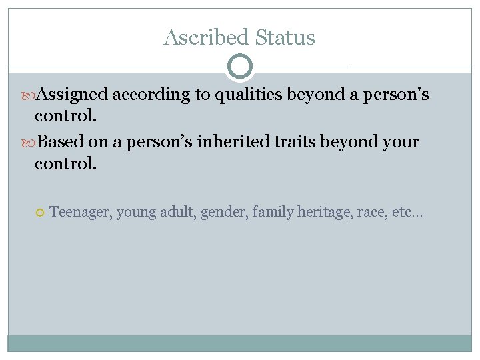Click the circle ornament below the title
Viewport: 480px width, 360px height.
tap(240, 67)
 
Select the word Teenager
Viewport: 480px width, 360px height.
tap(80, 213)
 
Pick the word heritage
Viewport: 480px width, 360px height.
tap(325, 213)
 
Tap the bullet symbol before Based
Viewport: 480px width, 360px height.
tap(29, 143)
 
